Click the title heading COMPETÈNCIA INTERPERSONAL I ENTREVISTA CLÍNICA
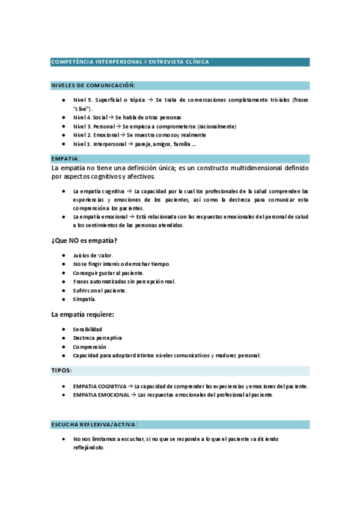pos(130,62)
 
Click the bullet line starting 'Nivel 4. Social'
pos(126,117)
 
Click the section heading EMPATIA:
pos(66,159)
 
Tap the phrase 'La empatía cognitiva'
pos(99,191)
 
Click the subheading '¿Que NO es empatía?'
pos(84,241)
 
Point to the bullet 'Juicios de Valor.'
pos(93,256)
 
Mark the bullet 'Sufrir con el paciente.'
pos(100,290)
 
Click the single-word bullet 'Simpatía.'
pos(84,299)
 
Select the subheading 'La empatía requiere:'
pos(83,314)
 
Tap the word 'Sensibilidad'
pos(87,330)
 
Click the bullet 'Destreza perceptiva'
pos(97,338)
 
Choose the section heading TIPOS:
pos(62,370)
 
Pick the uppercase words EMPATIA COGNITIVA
pos(99,386)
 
